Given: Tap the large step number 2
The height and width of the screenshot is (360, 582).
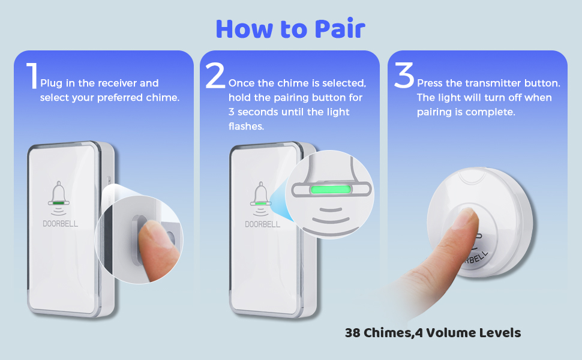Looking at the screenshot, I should pyautogui.click(x=215, y=77).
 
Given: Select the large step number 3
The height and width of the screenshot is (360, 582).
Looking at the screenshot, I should pyautogui.click(x=404, y=77).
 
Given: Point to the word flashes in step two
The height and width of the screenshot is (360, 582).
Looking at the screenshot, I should pyautogui.click(x=246, y=126).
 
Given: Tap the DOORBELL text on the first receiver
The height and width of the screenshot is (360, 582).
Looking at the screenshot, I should pyautogui.click(x=60, y=224).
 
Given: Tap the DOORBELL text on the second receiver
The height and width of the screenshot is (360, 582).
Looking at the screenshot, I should pyautogui.click(x=262, y=224).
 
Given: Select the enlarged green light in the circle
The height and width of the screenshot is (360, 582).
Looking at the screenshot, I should pyautogui.click(x=329, y=190).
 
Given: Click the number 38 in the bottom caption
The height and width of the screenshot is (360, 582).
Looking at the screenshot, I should pyautogui.click(x=354, y=332).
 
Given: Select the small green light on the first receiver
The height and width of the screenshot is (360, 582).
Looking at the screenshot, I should pyautogui.click(x=59, y=203).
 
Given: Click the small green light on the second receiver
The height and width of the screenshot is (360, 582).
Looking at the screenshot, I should pyautogui.click(x=261, y=203).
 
